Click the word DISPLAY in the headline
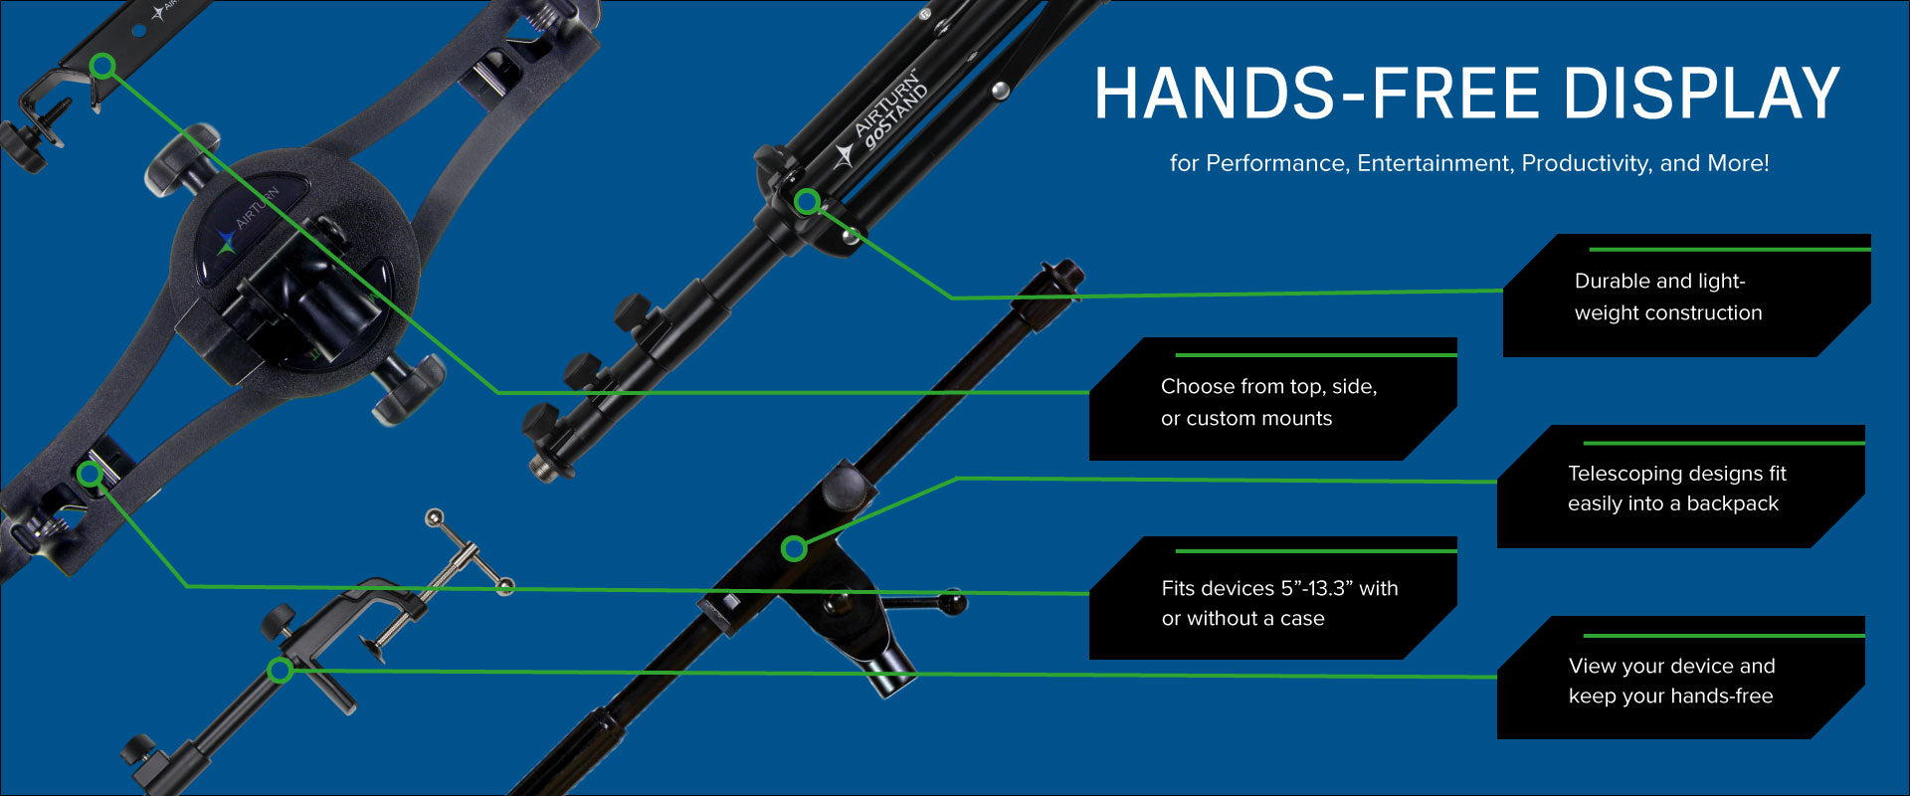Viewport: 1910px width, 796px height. [x=1700, y=94]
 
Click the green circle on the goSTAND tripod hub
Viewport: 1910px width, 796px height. [x=808, y=202]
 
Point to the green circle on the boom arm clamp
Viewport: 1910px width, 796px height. [x=794, y=548]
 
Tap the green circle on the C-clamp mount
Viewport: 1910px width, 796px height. [x=281, y=670]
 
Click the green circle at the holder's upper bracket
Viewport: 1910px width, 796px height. [x=102, y=67]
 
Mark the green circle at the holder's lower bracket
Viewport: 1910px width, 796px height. [x=90, y=474]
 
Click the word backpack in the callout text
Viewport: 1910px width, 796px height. [x=1732, y=503]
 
